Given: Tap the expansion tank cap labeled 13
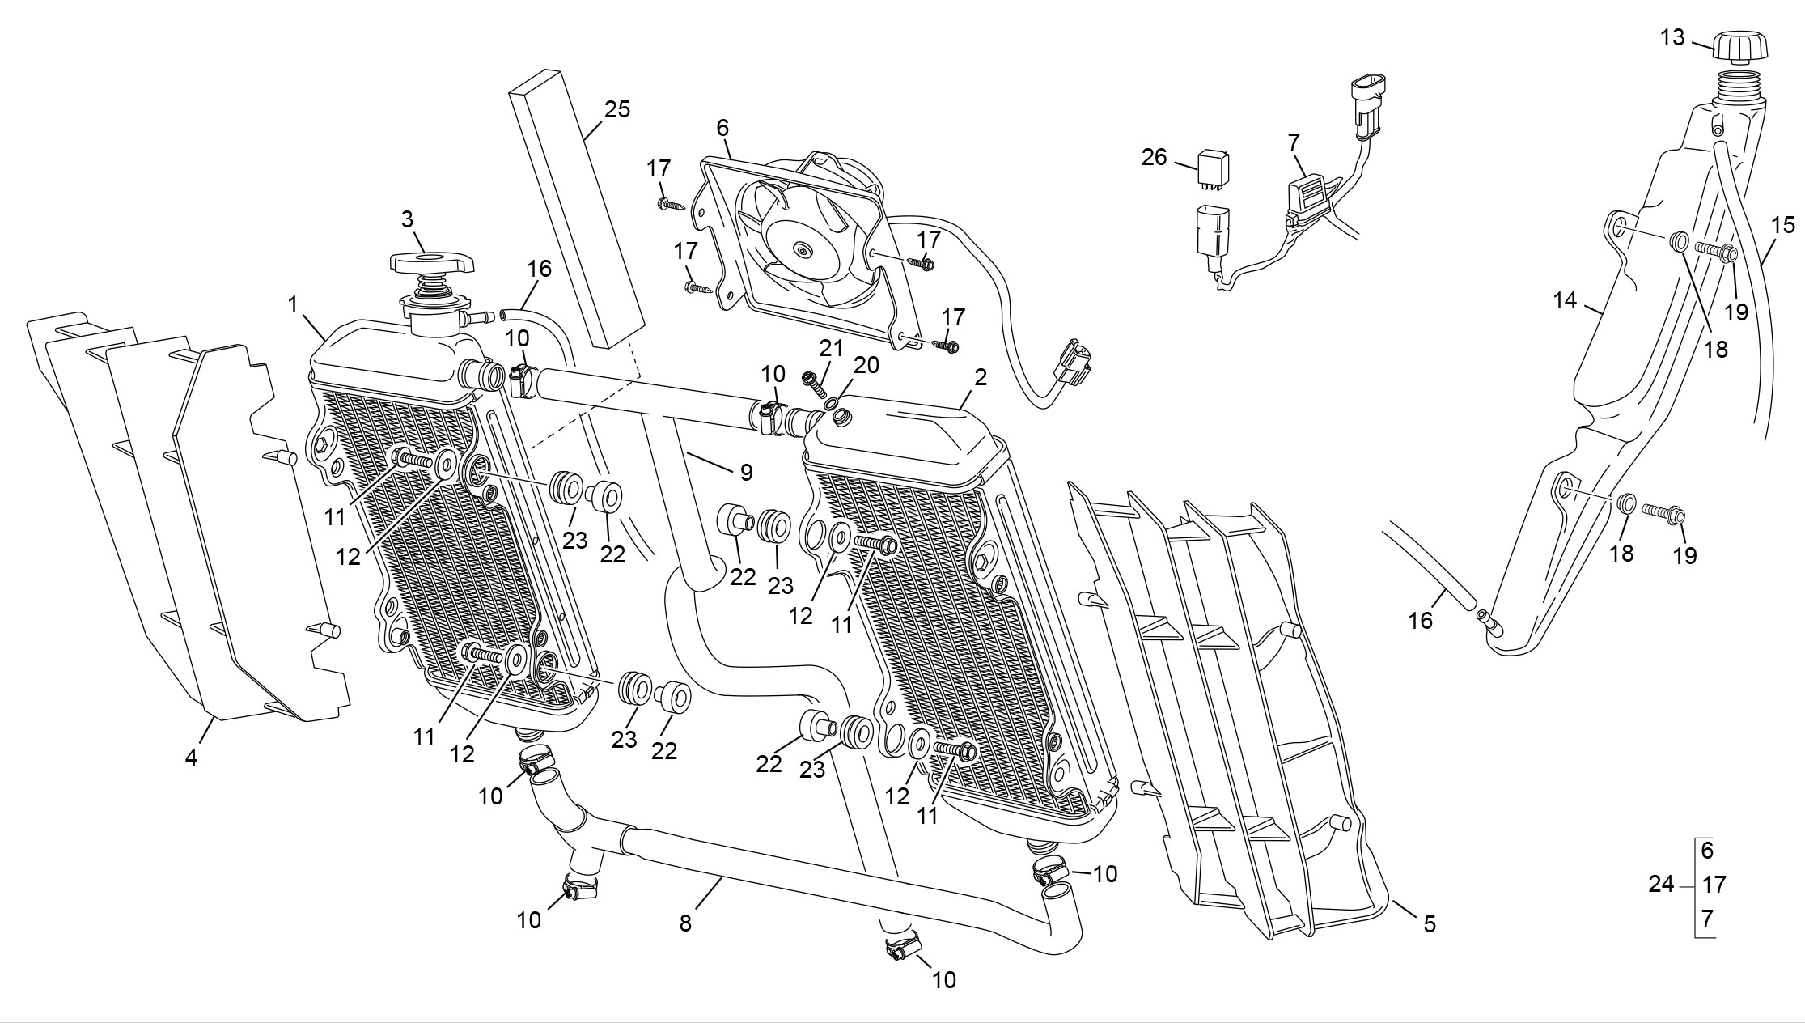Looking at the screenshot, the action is [1738, 45].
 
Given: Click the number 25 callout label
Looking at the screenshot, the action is [617, 109].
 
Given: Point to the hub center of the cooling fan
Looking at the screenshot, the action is [803, 249].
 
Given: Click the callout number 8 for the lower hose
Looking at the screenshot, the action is [685, 923].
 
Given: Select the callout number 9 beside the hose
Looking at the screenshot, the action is [746, 472].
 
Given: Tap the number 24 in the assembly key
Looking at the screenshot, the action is [1661, 885].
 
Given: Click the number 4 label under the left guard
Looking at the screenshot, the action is [191, 758].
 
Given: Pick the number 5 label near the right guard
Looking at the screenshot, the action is [1430, 924].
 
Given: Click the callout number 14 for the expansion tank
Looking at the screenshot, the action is [1565, 300].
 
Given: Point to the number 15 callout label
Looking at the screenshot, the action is [1783, 225].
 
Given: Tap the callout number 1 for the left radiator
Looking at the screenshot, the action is [293, 305].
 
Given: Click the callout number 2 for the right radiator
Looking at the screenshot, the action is [981, 377].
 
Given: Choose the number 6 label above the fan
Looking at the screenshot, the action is [722, 128].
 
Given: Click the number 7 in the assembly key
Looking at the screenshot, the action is [1707, 919].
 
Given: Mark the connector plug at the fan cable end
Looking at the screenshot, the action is [1074, 364].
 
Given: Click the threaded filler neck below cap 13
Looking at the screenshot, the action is [1738, 86].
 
